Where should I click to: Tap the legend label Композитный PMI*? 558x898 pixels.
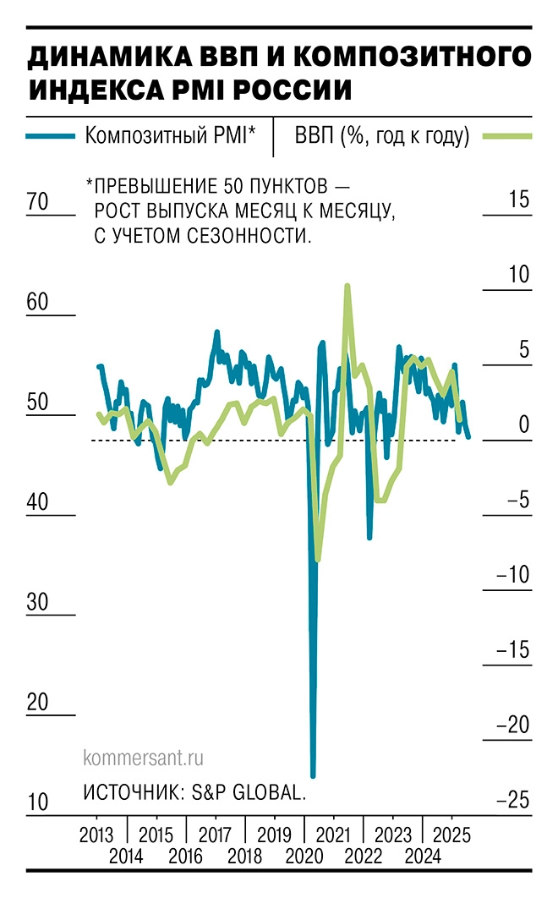click(x=170, y=135)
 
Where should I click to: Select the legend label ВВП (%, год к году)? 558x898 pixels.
click(x=382, y=135)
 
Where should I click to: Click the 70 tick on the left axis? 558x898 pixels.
click(x=39, y=203)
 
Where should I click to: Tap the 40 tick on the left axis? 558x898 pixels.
click(x=39, y=502)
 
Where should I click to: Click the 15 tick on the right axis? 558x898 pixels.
click(x=518, y=200)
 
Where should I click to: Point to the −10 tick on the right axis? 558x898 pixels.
click(x=513, y=575)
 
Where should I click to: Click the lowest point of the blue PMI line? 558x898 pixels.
click(x=313, y=775)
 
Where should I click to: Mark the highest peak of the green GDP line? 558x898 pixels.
click(x=347, y=287)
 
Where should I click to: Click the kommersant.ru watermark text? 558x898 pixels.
click(x=144, y=758)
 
